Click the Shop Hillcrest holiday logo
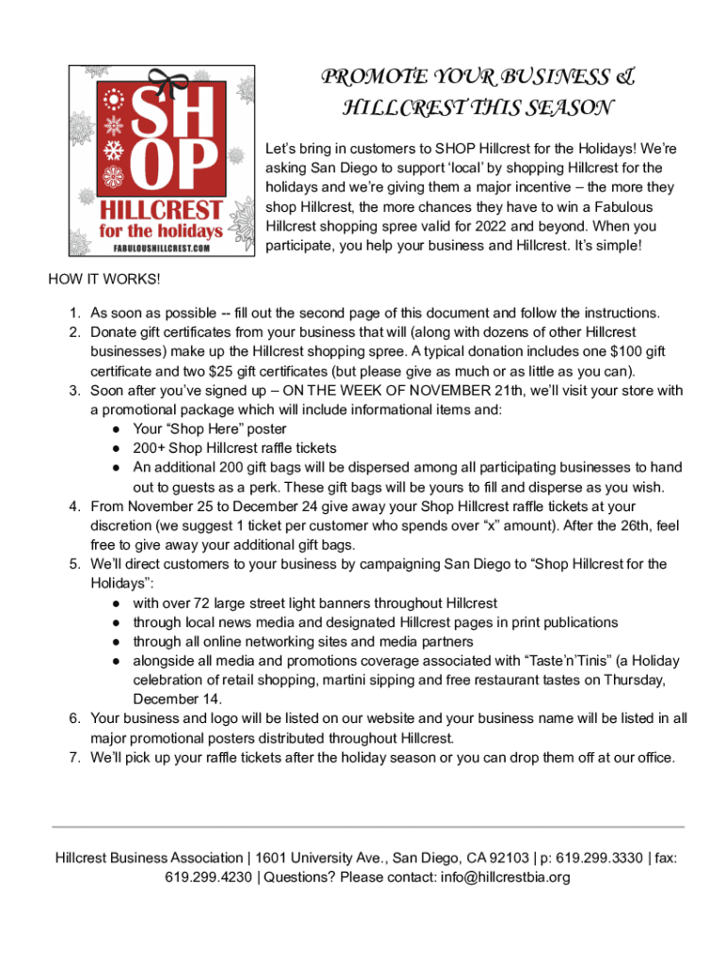(162, 160)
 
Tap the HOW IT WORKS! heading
(105, 281)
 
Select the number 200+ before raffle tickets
(150, 448)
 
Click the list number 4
(74, 506)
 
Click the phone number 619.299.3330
(599, 858)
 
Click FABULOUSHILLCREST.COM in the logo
(162, 248)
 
